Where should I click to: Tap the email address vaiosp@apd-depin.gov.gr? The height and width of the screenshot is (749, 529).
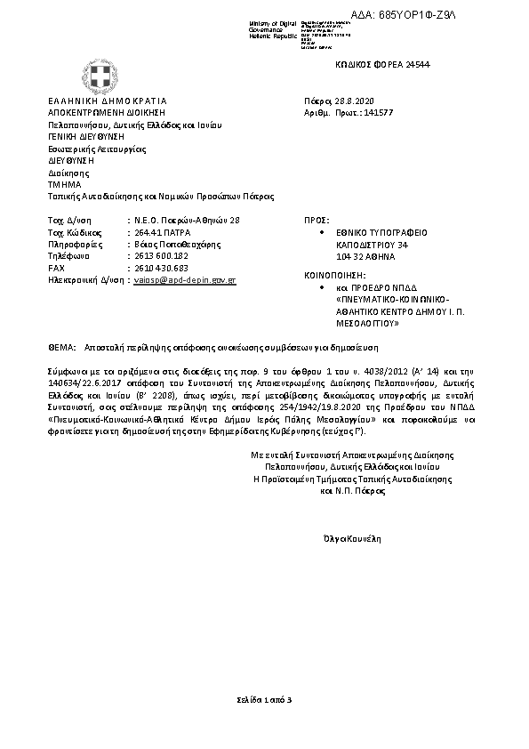185,279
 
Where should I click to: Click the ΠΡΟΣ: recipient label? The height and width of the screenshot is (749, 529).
317,218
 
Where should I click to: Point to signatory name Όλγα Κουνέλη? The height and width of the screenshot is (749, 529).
353,538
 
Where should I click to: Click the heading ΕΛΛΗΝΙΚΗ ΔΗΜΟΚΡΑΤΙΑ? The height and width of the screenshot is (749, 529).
107,101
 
